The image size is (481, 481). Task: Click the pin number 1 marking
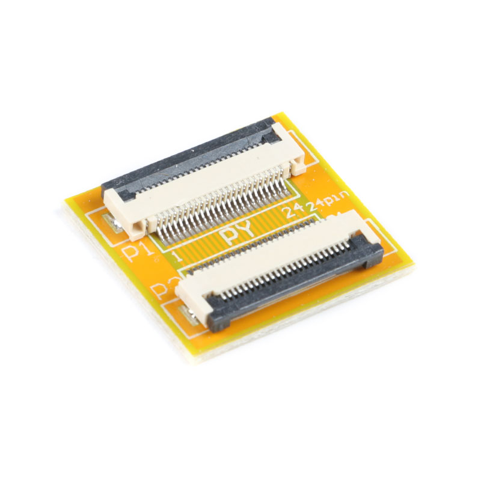pyautogui.click(x=176, y=256)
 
